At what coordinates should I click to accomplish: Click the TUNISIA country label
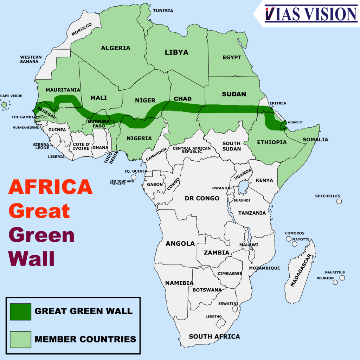coord(163,11)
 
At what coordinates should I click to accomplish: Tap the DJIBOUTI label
coord(295,123)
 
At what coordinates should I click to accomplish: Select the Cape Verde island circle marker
coord(4,105)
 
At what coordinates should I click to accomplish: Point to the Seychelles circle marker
coord(339,201)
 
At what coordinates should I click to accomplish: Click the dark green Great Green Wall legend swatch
coord(20,311)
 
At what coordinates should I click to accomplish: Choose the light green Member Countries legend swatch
coord(20,339)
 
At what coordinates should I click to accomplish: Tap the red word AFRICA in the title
coord(50,187)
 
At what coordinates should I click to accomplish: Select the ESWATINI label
coord(228,303)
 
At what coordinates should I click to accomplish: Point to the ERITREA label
coord(278,103)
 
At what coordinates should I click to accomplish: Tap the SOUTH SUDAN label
coord(231,146)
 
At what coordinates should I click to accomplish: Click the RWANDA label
coord(221,188)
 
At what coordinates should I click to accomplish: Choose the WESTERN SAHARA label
coord(31,59)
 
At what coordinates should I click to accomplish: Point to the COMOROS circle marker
coord(289,239)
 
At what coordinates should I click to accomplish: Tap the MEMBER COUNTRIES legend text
coord(85,339)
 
